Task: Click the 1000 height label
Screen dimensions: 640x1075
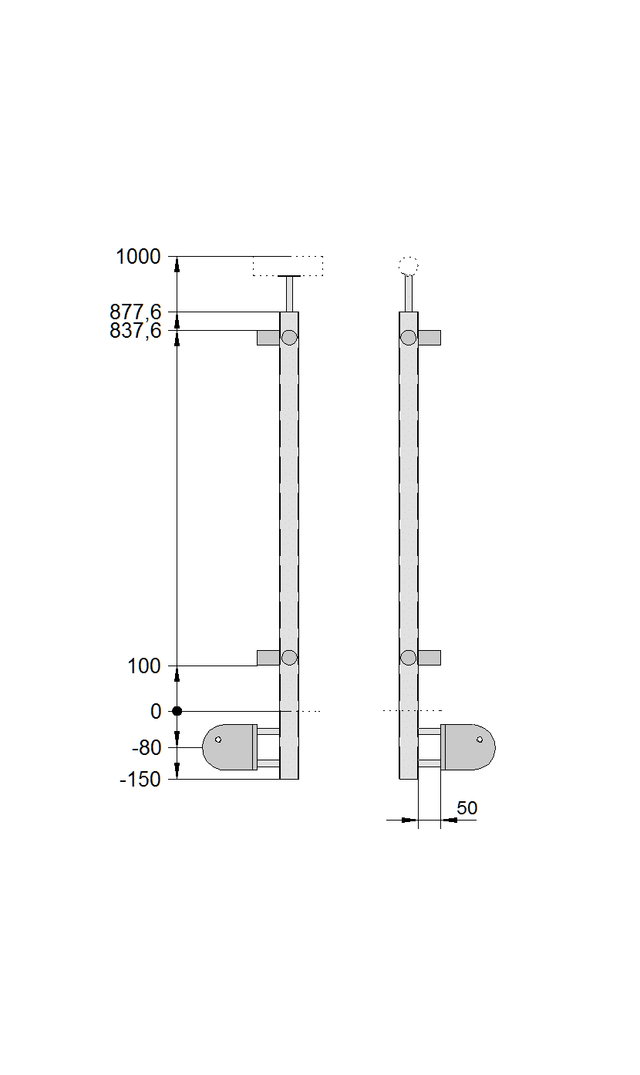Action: coord(138,257)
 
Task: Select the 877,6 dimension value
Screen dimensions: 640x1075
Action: coord(136,312)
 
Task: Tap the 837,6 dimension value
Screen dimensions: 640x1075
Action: coord(136,331)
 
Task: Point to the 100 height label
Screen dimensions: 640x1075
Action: coord(144,666)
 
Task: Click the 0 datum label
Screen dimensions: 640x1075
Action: coord(156,711)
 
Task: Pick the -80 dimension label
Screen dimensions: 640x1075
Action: coord(147,748)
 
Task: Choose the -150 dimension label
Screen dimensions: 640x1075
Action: coord(140,780)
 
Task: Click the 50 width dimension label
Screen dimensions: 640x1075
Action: coord(467,808)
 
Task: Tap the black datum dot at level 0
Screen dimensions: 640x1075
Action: coord(177,711)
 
